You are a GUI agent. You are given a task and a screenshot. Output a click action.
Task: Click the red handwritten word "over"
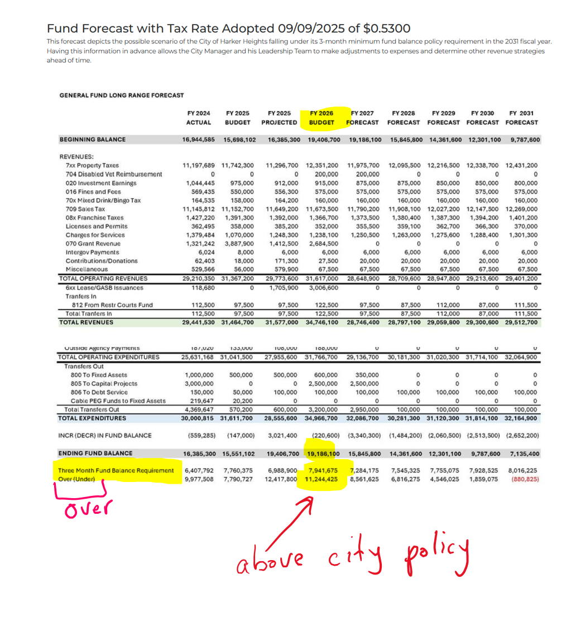[x=88, y=508]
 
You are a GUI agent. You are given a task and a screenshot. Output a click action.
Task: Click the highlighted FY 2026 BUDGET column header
[x=322, y=118]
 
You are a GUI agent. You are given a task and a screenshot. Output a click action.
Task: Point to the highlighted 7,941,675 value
[x=323, y=470]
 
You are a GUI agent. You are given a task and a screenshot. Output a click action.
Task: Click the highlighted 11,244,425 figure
[x=321, y=479]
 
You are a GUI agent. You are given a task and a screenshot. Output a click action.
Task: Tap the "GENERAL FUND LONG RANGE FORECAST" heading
[x=121, y=95]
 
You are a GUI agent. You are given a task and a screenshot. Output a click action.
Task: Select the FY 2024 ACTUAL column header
[x=199, y=118]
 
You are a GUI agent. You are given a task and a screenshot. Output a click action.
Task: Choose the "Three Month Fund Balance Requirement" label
[x=116, y=470]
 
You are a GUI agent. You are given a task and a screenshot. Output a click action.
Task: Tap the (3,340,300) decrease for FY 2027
[x=364, y=435]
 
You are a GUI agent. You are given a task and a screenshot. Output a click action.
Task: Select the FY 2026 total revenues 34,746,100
[x=323, y=322]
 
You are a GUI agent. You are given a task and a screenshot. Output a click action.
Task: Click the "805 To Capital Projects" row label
[x=100, y=383]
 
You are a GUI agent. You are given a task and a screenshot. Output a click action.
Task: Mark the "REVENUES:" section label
[x=76, y=157]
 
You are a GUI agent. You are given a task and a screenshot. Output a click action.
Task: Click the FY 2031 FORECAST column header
[x=521, y=118]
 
